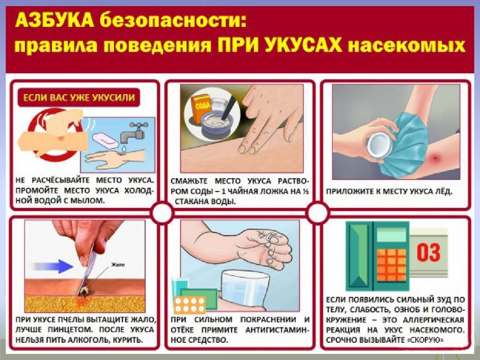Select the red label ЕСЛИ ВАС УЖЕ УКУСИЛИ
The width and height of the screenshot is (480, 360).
(x=79, y=97)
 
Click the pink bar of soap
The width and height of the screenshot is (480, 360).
(x=105, y=140)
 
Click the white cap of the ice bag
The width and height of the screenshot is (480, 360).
(x=379, y=144)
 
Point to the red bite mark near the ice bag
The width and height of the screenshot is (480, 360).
(x=436, y=159)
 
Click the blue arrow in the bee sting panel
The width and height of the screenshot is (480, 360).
(x=52, y=266)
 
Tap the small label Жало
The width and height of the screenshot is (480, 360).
(x=118, y=264)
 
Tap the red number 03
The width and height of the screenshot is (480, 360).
(x=428, y=252)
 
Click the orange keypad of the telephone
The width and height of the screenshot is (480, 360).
(x=391, y=265)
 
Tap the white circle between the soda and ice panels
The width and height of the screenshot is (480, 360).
(x=318, y=212)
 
